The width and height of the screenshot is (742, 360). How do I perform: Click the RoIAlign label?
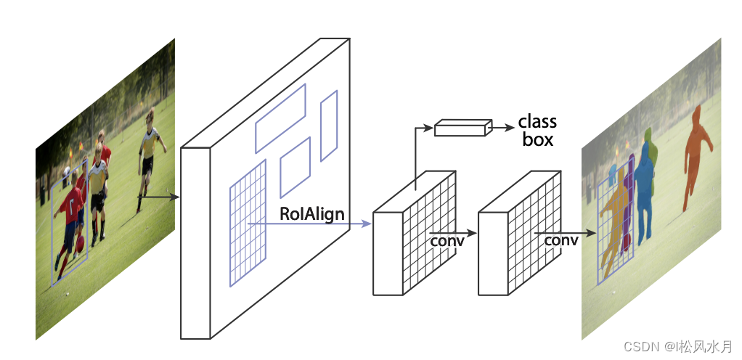tap(312, 214)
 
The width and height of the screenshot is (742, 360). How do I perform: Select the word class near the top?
tap(537, 121)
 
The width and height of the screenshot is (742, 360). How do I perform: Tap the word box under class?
tap(537, 139)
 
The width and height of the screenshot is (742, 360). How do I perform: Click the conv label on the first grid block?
tap(447, 240)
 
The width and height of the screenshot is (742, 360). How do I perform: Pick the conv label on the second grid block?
tap(561, 240)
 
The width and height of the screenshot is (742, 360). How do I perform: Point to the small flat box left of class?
tap(460, 129)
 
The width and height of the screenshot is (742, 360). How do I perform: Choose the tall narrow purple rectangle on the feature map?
tap(329, 126)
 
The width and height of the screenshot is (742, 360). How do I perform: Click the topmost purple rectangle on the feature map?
tap(280, 118)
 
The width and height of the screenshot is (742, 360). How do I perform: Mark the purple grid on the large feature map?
tap(248, 221)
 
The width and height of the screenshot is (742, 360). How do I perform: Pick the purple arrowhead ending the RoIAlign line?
tap(367, 224)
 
